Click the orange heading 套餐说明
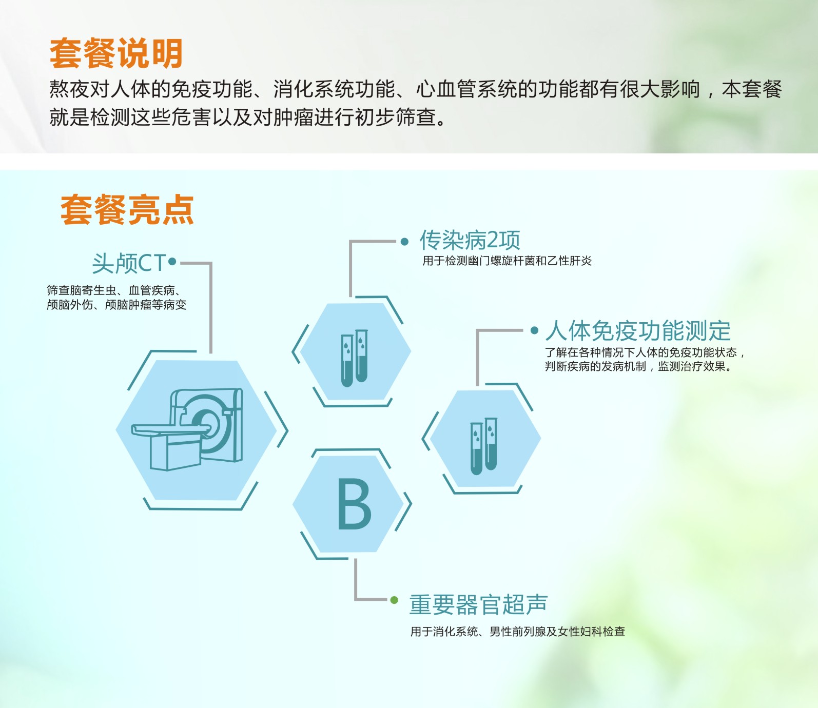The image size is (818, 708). point(116,53)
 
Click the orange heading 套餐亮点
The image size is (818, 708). point(127,210)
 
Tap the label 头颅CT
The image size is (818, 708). point(129,264)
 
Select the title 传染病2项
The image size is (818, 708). point(470,240)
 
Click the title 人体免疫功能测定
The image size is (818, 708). point(638,331)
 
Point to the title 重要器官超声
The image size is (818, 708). point(478,604)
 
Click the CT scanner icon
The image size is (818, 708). point(187,429)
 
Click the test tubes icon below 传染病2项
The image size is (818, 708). point(354,358)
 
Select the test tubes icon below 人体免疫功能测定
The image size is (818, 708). point(484,446)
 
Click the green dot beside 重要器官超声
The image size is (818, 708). point(394,600)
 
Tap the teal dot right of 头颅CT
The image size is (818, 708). point(172,262)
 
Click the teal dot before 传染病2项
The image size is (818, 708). point(405,242)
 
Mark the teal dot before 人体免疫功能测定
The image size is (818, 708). point(535,330)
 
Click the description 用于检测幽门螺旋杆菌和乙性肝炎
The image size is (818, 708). point(507,261)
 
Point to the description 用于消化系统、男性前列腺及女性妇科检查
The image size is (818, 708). point(518,632)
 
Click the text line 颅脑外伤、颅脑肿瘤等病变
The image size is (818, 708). point(116,305)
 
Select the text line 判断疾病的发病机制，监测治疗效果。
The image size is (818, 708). point(638,366)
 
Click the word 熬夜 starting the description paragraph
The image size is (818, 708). point(69,89)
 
